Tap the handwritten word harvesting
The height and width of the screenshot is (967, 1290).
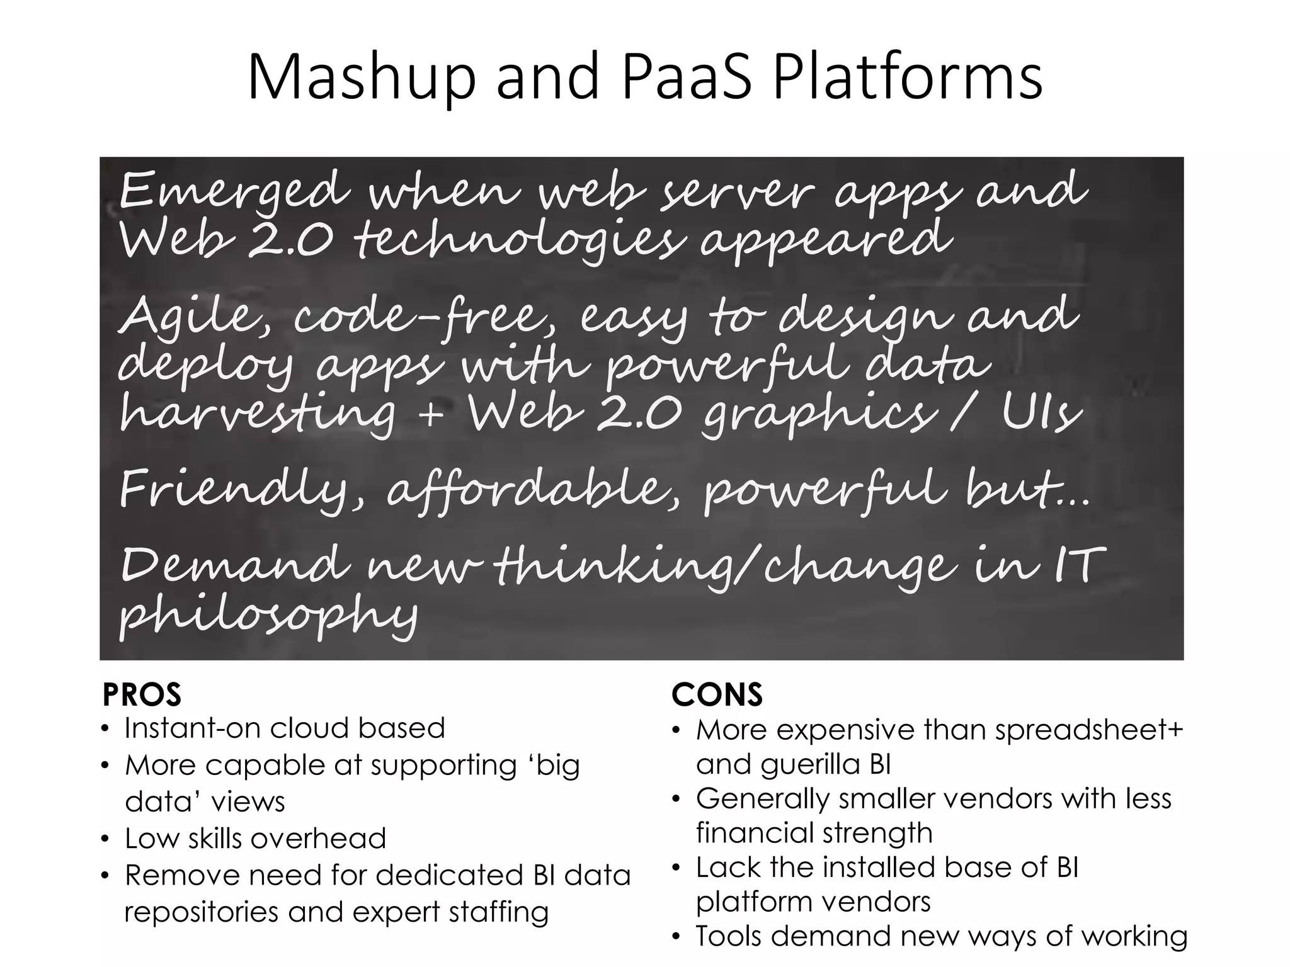click(258, 416)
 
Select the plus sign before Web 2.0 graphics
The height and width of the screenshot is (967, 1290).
click(431, 416)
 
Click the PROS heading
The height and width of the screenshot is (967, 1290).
click(142, 695)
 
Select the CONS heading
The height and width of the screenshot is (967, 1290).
click(717, 695)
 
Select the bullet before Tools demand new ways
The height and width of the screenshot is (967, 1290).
click(676, 938)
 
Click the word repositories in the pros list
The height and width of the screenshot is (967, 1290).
click(202, 912)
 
